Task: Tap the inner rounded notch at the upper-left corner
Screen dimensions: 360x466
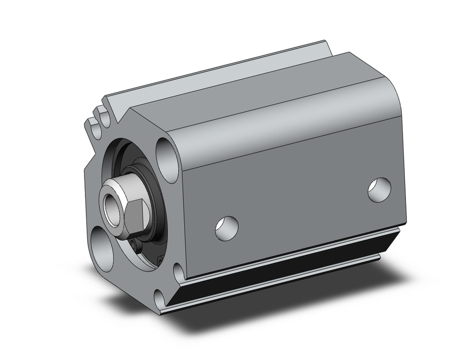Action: pyautogui.click(x=103, y=117)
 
